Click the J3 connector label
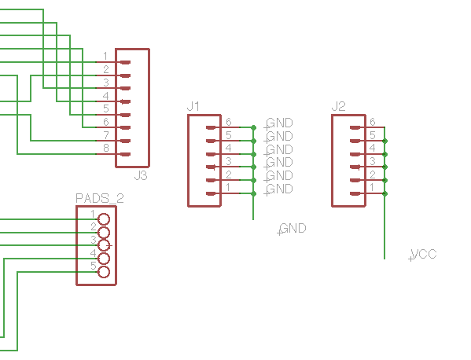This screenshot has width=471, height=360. click(x=141, y=175)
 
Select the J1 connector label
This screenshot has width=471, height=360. click(x=193, y=106)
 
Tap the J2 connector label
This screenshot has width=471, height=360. click(x=338, y=106)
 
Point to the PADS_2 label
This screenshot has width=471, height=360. click(x=99, y=198)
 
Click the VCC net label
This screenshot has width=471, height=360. click(x=424, y=255)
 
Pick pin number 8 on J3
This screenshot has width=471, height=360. click(x=105, y=148)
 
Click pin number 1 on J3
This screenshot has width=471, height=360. click(x=105, y=56)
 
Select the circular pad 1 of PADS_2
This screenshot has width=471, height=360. click(x=104, y=219)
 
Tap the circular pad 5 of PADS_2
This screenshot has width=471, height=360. click(x=104, y=272)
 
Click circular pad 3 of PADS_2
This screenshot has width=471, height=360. click(x=104, y=245)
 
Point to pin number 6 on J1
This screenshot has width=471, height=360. click(x=229, y=122)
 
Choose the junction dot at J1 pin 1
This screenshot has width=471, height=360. click(x=253, y=193)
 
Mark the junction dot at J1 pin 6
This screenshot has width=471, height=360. click(x=253, y=127)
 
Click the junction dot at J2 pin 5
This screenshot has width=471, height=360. click(x=385, y=141)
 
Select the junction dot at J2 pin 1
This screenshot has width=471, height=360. click(x=385, y=193)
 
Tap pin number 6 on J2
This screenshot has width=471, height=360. click(x=373, y=122)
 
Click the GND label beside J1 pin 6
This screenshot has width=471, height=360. click(x=279, y=123)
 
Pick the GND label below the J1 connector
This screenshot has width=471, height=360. click(x=293, y=229)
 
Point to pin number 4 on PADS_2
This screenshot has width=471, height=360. click(x=93, y=253)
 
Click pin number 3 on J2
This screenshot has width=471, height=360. click(x=373, y=161)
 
